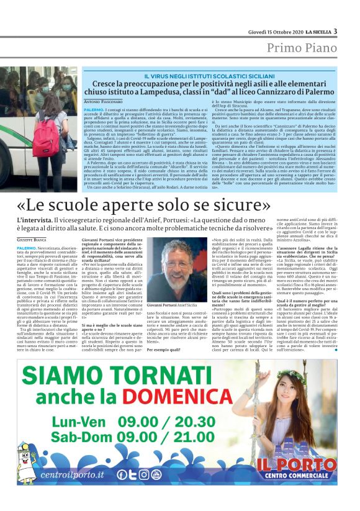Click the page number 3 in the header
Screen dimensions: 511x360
click(335, 31)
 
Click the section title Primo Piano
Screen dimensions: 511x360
click(302, 48)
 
